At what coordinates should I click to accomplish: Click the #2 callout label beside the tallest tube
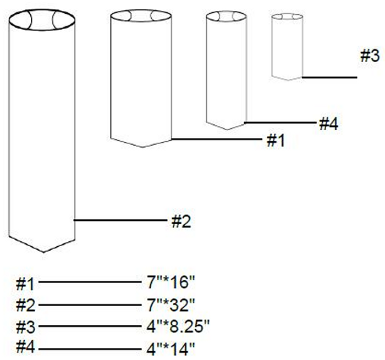pos(181,222)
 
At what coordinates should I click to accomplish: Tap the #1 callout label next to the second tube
pos(276,141)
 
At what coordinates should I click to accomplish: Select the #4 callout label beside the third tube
pos(328,124)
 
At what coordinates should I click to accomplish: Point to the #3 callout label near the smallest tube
pos(370,56)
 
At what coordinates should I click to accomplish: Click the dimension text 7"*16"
pos(170,282)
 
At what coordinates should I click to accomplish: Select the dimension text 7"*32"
pos(170,305)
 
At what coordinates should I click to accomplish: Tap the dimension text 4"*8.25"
pos(178,326)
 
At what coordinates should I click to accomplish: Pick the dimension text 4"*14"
pos(170,349)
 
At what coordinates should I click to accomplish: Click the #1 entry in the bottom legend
pos(25,284)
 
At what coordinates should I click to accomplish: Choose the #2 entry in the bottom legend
pos(25,306)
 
